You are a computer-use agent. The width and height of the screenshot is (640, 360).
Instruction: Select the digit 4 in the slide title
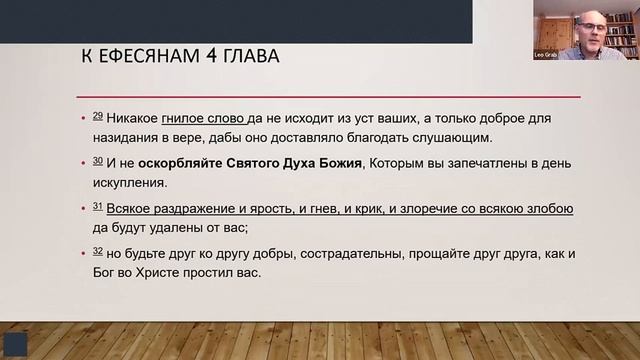click(x=199, y=56)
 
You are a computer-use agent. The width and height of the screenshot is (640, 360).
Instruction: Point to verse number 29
click(x=97, y=116)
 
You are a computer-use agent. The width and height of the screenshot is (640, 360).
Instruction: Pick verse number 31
click(x=97, y=206)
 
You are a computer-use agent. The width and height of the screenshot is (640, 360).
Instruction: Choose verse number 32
click(x=97, y=250)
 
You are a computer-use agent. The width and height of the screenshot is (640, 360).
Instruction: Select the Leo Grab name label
click(x=546, y=54)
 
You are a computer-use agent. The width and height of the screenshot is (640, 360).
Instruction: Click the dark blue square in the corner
click(x=15, y=343)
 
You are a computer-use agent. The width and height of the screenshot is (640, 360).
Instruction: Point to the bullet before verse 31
click(x=84, y=209)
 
